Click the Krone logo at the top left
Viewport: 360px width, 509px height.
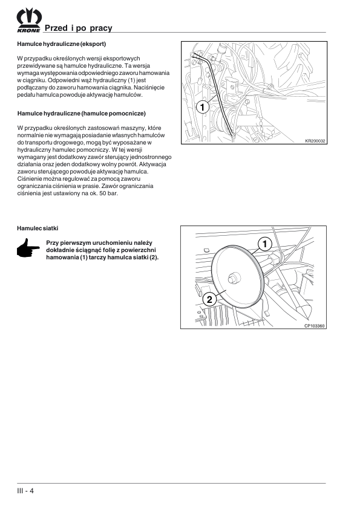[x=29, y=20]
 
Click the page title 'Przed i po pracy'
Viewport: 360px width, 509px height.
[x=78, y=28]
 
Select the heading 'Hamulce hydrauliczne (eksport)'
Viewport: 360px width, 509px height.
[x=61, y=44]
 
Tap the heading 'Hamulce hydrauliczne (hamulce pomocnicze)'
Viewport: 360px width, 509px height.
[x=82, y=114]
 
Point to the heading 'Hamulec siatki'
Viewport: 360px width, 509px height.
[x=38, y=229]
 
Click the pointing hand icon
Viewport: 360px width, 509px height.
[x=28, y=248]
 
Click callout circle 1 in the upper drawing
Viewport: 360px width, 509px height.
[x=203, y=107]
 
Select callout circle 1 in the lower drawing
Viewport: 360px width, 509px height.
[x=265, y=244]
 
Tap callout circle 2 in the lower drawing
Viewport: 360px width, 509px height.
[x=209, y=299]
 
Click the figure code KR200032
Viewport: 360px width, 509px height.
[x=315, y=141]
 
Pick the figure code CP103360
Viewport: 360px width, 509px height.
[x=315, y=326]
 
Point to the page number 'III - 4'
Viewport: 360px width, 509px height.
[x=25, y=490]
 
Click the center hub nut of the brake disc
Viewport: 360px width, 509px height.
[x=234, y=278]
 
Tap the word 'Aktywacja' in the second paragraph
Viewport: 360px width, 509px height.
[x=155, y=164]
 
